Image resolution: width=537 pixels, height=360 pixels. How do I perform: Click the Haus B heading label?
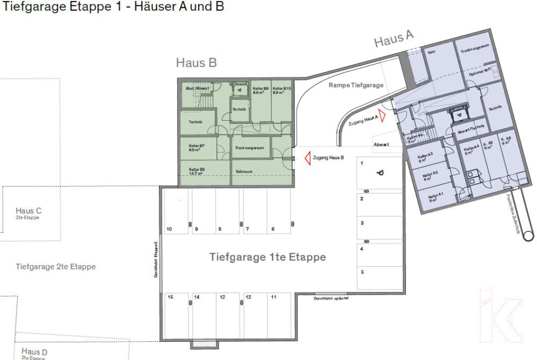196,63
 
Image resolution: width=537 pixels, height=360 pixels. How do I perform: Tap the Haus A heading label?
394,39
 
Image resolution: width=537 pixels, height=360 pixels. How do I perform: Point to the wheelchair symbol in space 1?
381,173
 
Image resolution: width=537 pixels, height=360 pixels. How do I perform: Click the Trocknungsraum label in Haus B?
251,148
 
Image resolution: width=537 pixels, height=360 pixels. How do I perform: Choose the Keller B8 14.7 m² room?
197,171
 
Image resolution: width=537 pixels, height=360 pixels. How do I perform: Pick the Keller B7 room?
197,148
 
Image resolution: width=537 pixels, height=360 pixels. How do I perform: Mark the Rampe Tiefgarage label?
355,85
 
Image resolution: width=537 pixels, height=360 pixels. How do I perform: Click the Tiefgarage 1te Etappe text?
267,258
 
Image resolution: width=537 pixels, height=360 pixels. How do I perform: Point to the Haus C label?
28,211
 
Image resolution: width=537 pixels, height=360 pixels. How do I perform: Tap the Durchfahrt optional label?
331,298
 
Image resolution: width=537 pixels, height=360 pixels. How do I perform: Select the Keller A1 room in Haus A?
435,197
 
